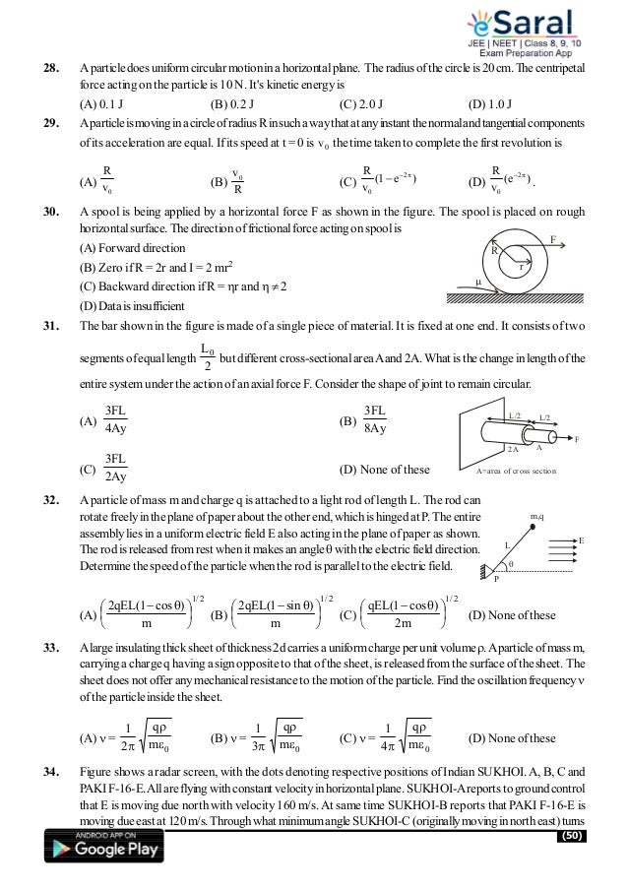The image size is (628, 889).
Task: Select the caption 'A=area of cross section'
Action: pyautogui.click(x=517, y=472)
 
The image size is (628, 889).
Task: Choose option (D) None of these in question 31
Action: pyautogui.click(x=384, y=469)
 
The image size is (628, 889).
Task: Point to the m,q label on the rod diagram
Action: pyautogui.click(x=537, y=516)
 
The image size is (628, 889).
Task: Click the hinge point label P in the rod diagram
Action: pyautogui.click(x=496, y=579)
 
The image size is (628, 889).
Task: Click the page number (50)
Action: pyautogui.click(x=570, y=836)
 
